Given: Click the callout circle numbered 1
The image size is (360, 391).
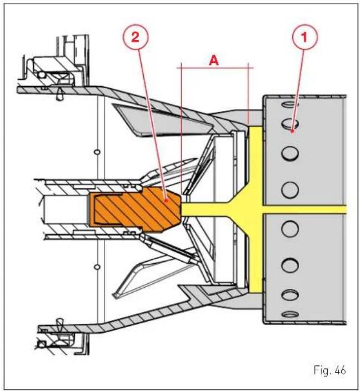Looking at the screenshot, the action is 304,37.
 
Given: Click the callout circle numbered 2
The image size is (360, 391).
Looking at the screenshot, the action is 135,37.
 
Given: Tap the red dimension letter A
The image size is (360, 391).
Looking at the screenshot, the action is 214,61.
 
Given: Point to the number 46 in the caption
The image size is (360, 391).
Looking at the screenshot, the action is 341,370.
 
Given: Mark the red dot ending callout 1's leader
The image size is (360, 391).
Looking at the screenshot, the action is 292,131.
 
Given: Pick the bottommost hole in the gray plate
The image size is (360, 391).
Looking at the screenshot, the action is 289,314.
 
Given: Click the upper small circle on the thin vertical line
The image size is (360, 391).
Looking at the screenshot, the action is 97,152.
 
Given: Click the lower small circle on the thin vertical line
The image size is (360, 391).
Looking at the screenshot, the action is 97,267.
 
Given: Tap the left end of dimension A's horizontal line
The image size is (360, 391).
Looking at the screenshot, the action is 177,67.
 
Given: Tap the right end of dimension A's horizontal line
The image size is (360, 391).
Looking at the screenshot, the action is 253,67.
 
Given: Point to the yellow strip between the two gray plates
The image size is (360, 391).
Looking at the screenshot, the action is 304,209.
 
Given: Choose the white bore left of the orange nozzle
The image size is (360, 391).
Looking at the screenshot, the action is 66,209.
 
